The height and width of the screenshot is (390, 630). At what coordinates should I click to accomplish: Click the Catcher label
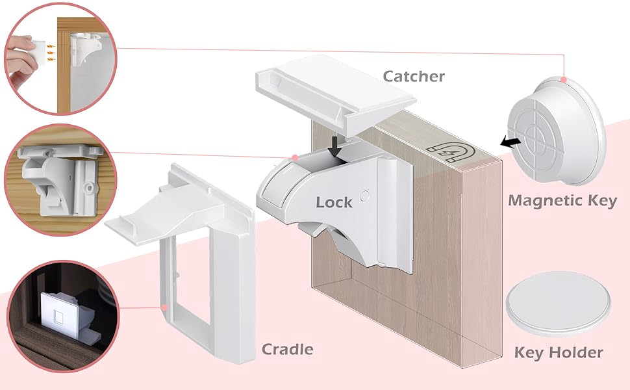pyautogui.click(x=414, y=77)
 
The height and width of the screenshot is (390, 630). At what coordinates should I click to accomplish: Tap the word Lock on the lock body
pyautogui.click(x=334, y=203)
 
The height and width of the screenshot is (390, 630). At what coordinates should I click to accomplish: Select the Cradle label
pyautogui.click(x=287, y=350)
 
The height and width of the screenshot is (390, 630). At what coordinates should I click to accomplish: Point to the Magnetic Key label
pyautogui.click(x=562, y=200)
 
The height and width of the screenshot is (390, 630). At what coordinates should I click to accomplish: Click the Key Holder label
pyautogui.click(x=559, y=354)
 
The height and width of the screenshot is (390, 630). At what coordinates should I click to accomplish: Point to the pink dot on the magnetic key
pyautogui.click(x=564, y=79)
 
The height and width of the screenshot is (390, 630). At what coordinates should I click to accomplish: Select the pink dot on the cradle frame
pyautogui.click(x=165, y=305)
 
